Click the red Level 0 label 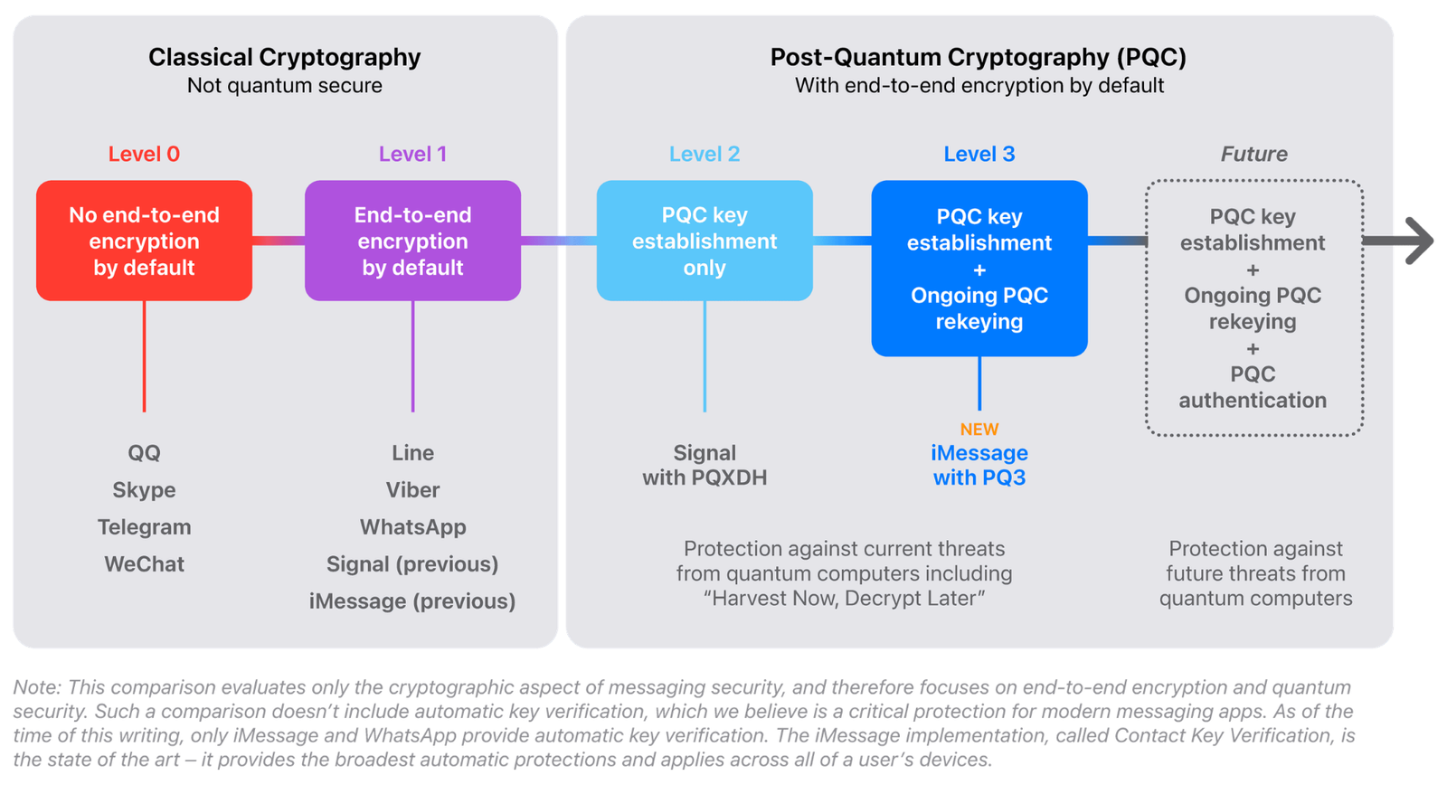point(144,154)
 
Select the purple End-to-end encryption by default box point(412,241)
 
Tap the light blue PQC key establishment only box point(705,241)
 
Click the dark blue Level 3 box point(979,269)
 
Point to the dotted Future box point(1253,307)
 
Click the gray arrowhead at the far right point(1416,241)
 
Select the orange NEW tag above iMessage point(979,430)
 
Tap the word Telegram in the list point(144,526)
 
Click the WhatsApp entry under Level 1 point(412,526)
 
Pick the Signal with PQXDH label point(705,465)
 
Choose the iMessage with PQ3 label point(979,465)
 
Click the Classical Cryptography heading point(284,57)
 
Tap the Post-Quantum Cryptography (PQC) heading point(978,57)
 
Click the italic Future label point(1253,154)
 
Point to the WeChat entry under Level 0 point(144,563)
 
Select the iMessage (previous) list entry point(412,601)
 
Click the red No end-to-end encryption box point(144,241)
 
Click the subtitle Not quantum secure point(284,86)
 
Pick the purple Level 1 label point(412,154)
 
